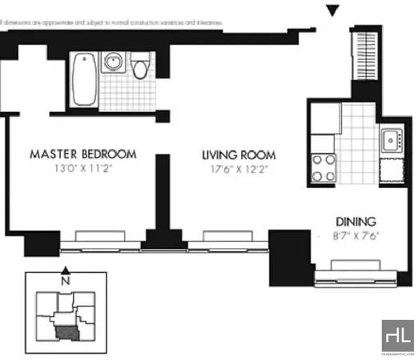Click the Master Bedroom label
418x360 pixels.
(x=83, y=154)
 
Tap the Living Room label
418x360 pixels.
(x=239, y=155)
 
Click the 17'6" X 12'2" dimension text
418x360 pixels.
(x=239, y=169)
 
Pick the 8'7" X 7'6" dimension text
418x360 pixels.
(x=355, y=235)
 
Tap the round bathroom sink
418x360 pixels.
(x=113, y=62)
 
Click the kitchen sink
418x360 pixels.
(x=390, y=140)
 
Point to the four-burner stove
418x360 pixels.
(x=323, y=168)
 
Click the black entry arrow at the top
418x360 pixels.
(x=332, y=10)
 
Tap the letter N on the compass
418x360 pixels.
(x=65, y=280)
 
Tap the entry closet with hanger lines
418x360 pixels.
(x=364, y=55)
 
